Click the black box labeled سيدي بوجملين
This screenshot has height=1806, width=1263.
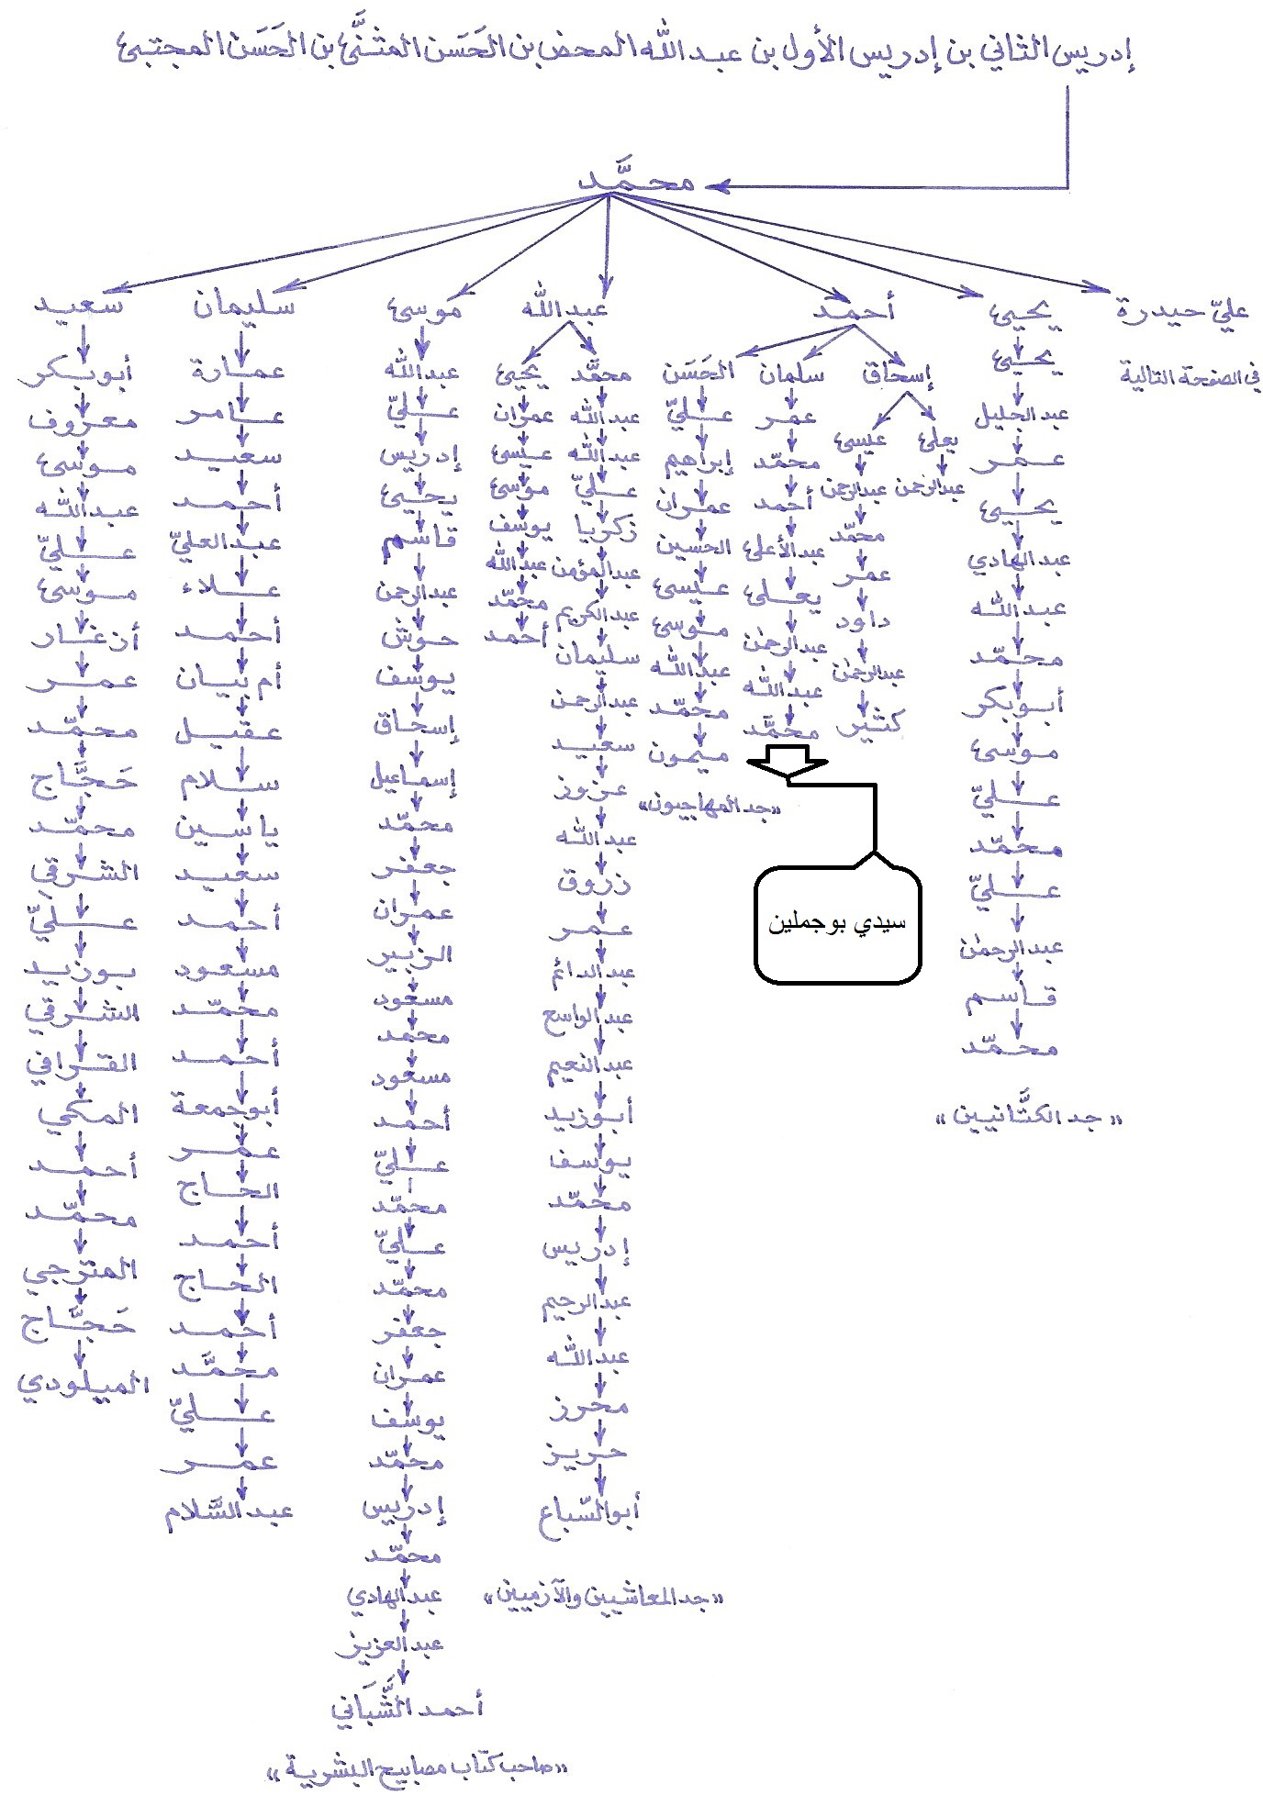point(837,923)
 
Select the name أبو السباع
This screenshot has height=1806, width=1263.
point(589,1510)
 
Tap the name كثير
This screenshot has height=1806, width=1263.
point(867,725)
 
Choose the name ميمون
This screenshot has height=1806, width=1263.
point(688,754)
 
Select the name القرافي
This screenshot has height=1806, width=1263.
point(84,1063)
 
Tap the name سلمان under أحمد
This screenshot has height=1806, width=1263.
point(791,374)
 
